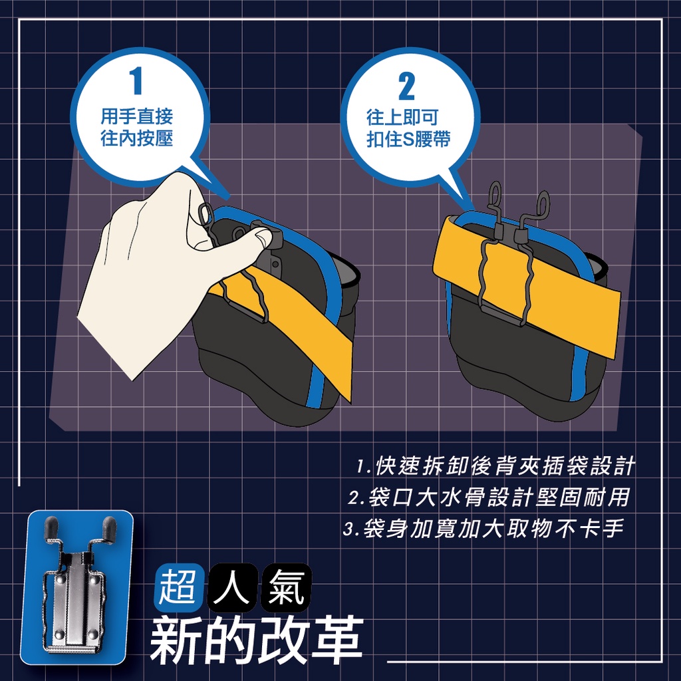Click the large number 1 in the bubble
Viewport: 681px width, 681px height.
[x=136, y=81]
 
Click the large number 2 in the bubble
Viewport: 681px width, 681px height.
[x=407, y=86]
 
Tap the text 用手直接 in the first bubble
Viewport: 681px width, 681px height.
[x=137, y=116]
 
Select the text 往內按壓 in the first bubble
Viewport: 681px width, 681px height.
[x=137, y=138]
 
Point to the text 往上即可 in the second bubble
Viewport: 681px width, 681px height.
[x=402, y=117]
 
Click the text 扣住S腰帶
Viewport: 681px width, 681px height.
[x=408, y=140]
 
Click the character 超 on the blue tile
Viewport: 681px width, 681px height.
[x=178, y=588]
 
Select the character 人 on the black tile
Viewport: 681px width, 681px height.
[x=231, y=588]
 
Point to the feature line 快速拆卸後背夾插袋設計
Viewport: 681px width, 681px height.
[x=495, y=466]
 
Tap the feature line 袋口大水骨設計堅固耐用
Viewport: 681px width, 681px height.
[x=489, y=497]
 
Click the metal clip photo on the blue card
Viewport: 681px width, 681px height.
[x=77, y=587]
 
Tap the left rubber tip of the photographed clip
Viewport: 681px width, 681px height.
[x=51, y=527]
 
